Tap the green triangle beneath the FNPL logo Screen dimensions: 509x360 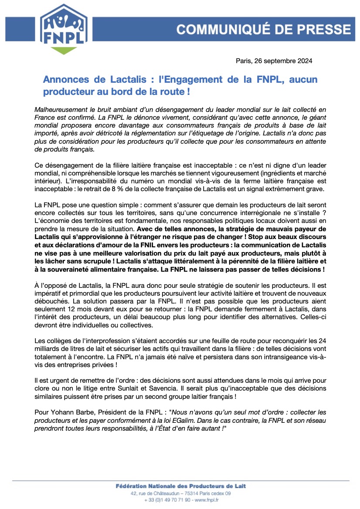point(64,51)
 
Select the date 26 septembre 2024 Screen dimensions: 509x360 point(283,61)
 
